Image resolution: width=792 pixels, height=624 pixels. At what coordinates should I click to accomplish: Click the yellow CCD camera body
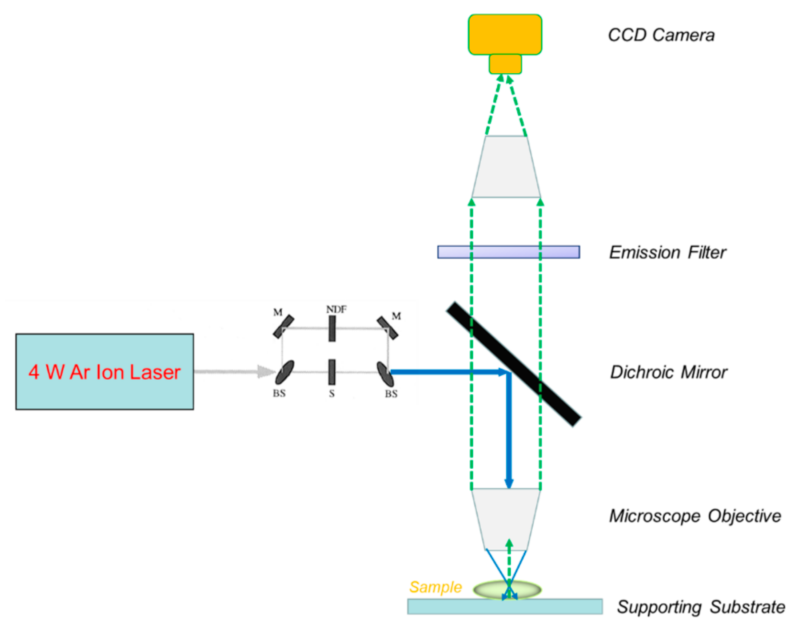coord(505,35)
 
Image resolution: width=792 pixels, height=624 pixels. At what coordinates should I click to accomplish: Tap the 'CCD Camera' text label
coord(661,35)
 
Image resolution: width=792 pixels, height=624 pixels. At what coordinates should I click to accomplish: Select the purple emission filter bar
coord(509,252)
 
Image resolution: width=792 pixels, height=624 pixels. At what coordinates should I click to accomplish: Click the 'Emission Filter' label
coord(667,252)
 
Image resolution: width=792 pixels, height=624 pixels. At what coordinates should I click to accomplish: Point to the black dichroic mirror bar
coord(514,364)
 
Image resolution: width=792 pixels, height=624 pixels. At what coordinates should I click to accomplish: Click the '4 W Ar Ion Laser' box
coord(104,372)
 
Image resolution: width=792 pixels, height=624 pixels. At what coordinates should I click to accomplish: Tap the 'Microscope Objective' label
coord(695,516)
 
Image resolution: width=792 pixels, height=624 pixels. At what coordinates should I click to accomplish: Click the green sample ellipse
coord(507,589)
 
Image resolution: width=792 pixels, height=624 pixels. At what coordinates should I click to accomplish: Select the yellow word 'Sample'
coord(435,587)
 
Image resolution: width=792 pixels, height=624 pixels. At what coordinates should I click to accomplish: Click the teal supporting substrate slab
coord(505,607)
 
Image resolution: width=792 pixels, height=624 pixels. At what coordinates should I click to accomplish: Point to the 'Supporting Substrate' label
coord(701,607)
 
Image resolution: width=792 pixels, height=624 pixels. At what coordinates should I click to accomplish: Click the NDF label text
coord(336,309)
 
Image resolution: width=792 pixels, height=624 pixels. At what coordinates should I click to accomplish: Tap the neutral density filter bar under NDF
coord(332,329)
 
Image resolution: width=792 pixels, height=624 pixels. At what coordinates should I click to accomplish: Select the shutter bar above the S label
coord(332,372)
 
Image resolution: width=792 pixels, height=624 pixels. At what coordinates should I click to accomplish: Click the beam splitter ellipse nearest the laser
coord(284,372)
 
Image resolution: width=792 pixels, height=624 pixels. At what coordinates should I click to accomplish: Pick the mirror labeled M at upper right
coord(387,328)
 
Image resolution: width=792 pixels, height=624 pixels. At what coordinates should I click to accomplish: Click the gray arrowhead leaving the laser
coord(266,372)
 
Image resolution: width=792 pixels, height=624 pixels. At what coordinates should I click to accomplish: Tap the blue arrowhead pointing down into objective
coord(509,483)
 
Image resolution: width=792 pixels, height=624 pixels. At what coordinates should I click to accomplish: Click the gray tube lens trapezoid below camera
coord(506,167)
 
